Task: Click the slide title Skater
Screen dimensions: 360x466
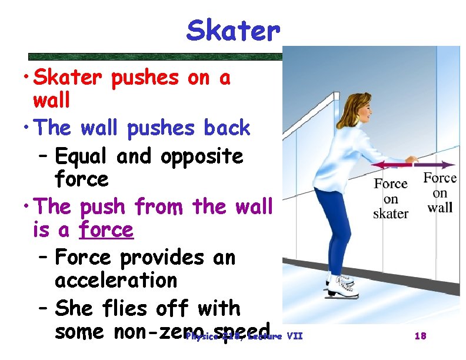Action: coord(231,31)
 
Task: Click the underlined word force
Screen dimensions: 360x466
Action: coord(107,229)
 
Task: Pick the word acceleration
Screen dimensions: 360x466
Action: coord(116,280)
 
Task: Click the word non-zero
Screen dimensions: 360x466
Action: coord(159,331)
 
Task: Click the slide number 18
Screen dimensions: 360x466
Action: coord(420,336)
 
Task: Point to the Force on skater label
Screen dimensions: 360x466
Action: coord(391,198)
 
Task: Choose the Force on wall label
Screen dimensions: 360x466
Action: coord(440,192)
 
